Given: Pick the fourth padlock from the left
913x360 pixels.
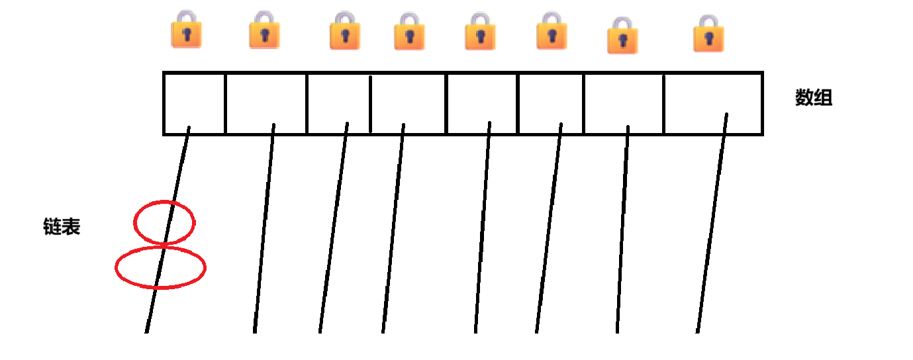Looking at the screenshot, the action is [x=408, y=32].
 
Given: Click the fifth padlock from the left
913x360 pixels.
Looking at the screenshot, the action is [x=479, y=32].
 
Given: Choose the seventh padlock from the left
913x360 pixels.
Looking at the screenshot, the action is [x=622, y=36].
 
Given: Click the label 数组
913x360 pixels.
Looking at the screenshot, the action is [x=813, y=99].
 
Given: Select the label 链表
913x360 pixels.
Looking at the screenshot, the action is [x=62, y=228].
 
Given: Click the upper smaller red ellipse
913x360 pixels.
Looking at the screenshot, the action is [x=164, y=223].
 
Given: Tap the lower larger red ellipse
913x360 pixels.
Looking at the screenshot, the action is [x=160, y=267].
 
